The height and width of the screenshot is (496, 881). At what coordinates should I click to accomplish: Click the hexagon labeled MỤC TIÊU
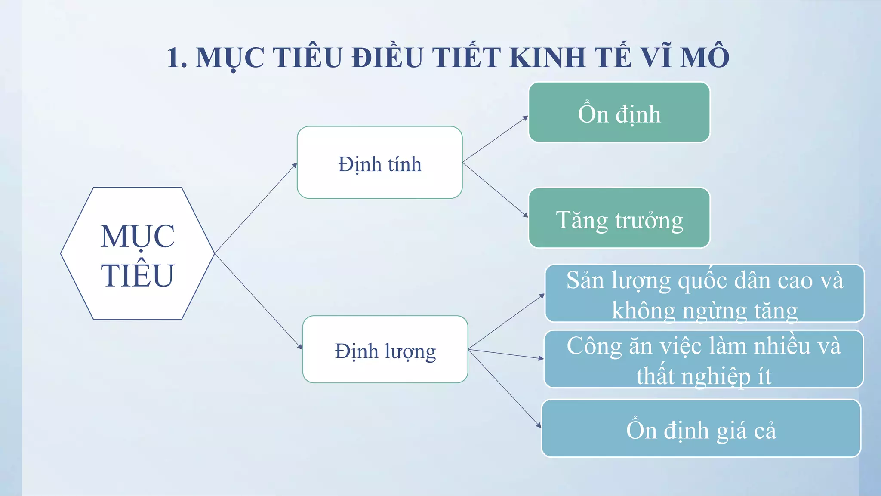click(x=138, y=254)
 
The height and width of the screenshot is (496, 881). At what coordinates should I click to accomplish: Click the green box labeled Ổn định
click(x=619, y=112)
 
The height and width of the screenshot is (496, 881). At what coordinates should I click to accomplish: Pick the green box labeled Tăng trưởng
click(x=619, y=218)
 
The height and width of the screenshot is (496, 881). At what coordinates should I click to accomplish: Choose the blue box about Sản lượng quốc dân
click(x=705, y=293)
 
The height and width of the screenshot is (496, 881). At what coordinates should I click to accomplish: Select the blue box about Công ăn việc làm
click(x=704, y=359)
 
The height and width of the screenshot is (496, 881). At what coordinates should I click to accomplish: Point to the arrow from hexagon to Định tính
click(x=256, y=208)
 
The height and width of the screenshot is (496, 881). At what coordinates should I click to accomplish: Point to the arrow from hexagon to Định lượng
click(x=258, y=301)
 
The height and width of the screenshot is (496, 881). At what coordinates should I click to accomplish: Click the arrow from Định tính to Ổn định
click(x=495, y=139)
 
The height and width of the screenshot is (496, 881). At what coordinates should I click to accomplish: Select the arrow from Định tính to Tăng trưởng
click(x=495, y=189)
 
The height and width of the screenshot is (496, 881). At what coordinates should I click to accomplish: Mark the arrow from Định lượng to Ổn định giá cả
click(x=504, y=388)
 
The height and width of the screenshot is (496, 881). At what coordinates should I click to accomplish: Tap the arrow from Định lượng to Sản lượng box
click(x=506, y=322)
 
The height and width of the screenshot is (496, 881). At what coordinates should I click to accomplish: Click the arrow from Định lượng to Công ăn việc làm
click(x=506, y=354)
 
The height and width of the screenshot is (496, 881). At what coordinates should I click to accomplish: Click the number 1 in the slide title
click(x=176, y=58)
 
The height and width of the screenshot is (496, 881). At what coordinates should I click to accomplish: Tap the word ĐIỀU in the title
click(x=387, y=58)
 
